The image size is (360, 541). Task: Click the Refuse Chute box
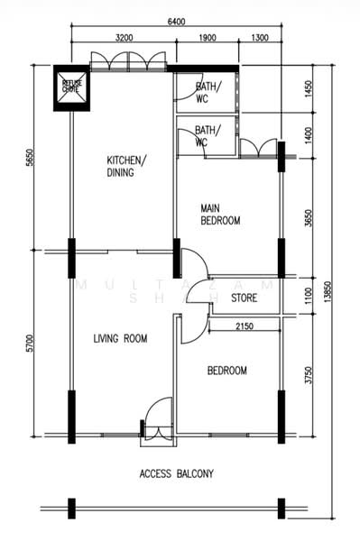click(71, 87)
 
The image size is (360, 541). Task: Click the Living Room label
click(120, 339)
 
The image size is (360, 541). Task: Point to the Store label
click(245, 298)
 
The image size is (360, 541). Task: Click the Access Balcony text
click(177, 473)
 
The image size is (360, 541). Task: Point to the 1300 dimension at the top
click(259, 39)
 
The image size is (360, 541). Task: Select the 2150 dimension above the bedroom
click(244, 326)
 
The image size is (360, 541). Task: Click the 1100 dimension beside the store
click(309, 298)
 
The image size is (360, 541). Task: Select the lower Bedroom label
click(227, 371)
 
